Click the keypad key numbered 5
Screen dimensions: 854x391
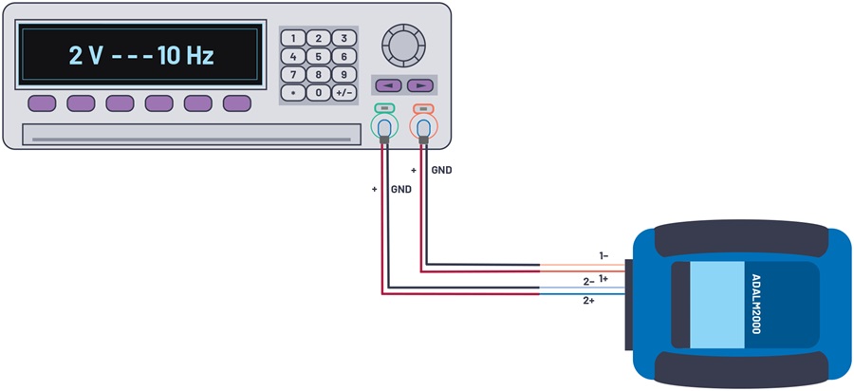[319, 56]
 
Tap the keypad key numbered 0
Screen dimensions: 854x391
[319, 93]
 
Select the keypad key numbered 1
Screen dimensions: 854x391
[293, 38]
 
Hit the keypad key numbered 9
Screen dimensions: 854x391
[344, 74]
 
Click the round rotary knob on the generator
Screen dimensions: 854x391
[403, 45]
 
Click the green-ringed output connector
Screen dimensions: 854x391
[384, 127]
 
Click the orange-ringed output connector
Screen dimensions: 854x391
[424, 127]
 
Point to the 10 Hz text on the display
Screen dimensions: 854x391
[186, 56]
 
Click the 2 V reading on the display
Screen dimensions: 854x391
[85, 56]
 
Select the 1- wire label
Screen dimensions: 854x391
[604, 255]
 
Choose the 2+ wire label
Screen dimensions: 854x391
[588, 301]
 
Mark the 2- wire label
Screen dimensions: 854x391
[588, 282]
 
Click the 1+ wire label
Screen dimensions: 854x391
[604, 278]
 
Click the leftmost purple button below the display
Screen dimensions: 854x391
[42, 103]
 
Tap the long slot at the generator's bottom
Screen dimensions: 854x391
[191, 135]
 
